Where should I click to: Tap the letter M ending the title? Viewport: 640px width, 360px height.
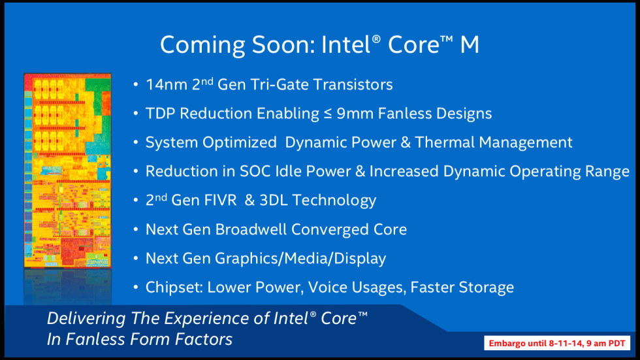click(x=468, y=44)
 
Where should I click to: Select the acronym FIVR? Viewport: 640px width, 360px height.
click(x=221, y=200)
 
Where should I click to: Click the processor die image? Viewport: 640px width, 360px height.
click(x=67, y=170)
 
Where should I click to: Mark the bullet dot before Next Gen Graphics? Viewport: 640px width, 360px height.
click(x=135, y=259)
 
